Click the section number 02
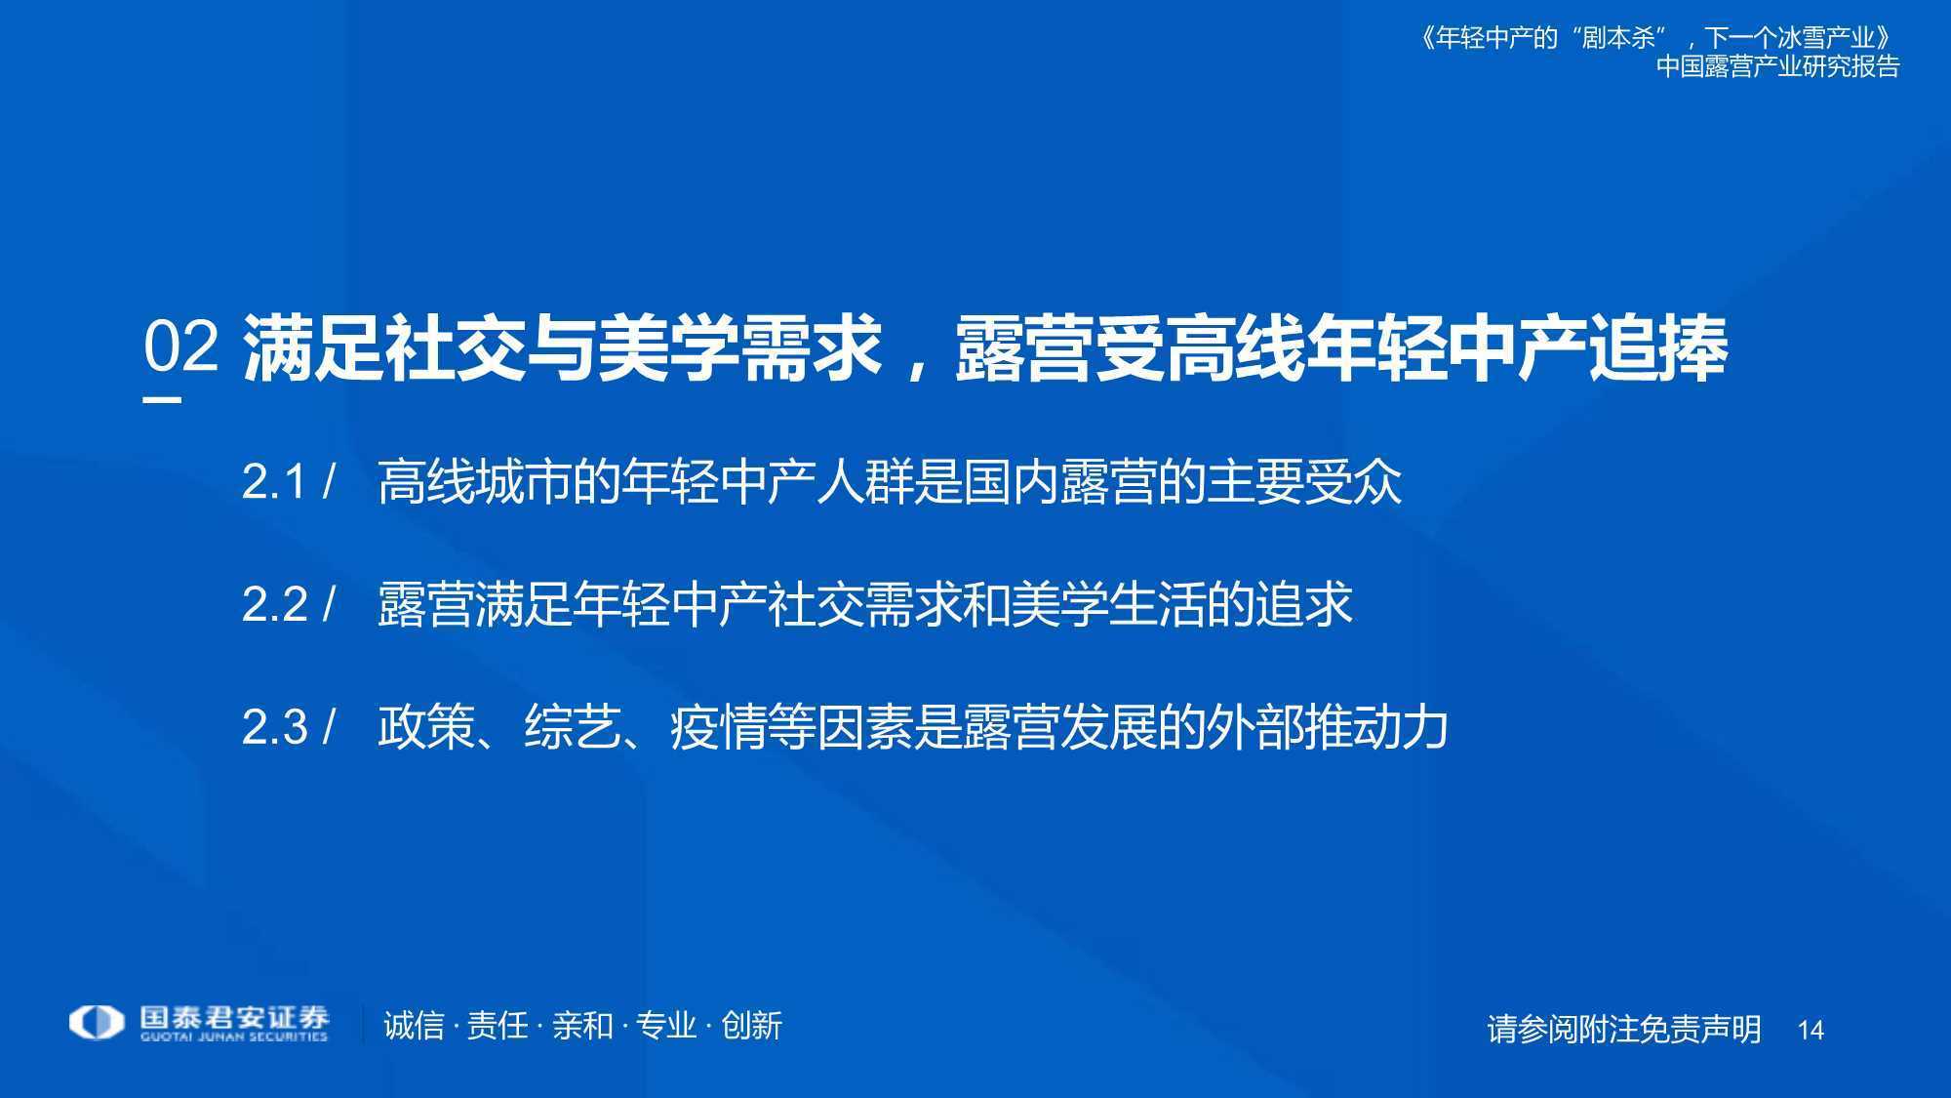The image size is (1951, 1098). (180, 346)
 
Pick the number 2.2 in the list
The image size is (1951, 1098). (274, 605)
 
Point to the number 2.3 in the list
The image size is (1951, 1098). (274, 727)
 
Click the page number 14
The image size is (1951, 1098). (1811, 1031)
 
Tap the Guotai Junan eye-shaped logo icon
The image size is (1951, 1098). (97, 1023)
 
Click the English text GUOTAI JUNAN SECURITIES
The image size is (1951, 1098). (234, 1037)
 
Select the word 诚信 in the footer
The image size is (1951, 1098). (414, 1026)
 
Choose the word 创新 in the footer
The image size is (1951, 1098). (751, 1026)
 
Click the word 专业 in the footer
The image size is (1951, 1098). (667, 1026)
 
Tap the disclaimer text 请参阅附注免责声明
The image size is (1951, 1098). (1624, 1030)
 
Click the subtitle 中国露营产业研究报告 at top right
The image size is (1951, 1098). (1778, 66)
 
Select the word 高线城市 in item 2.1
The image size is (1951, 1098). (475, 482)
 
